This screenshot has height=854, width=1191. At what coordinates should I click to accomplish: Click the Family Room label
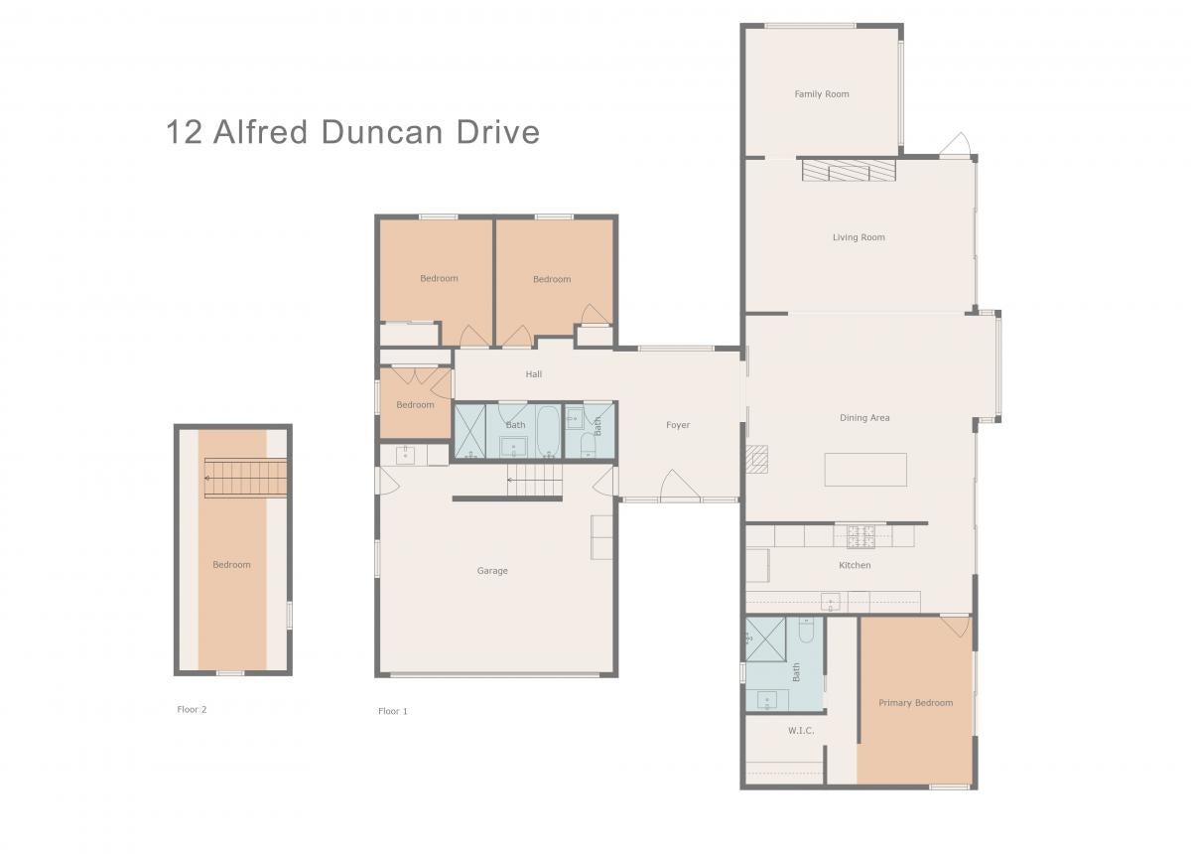coord(822,94)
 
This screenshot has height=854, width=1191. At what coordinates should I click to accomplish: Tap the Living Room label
coord(859,237)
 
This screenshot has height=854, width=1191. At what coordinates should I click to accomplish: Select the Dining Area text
coord(864,418)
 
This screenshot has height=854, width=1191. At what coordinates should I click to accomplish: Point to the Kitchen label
coord(855,565)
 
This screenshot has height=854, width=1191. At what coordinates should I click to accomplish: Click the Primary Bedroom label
coord(915,703)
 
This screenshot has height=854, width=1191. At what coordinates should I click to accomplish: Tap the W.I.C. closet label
coord(801,731)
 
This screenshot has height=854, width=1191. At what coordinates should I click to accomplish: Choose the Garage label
coord(492,571)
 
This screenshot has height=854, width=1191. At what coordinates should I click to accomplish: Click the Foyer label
coord(678,425)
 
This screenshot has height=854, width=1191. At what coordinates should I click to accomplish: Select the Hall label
coord(534,374)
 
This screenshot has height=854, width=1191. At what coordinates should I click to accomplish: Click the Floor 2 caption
coord(192,709)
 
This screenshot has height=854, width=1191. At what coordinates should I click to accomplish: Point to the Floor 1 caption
coord(393,711)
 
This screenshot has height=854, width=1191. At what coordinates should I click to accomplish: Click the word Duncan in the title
coord(382,132)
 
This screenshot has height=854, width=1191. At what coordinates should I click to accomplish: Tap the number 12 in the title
coord(184,132)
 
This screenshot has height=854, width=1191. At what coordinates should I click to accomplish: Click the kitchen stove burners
coord(860,536)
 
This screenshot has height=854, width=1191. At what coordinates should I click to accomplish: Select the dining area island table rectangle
coord(865,470)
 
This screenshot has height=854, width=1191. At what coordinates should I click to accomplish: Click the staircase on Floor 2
coord(246,478)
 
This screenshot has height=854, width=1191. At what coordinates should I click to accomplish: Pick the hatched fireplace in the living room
coord(849,170)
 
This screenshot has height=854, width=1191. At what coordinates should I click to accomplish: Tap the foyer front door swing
coord(680,486)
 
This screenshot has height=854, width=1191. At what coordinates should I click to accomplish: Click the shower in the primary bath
coord(765,640)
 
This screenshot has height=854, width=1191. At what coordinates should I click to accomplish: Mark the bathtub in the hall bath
coord(548,430)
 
